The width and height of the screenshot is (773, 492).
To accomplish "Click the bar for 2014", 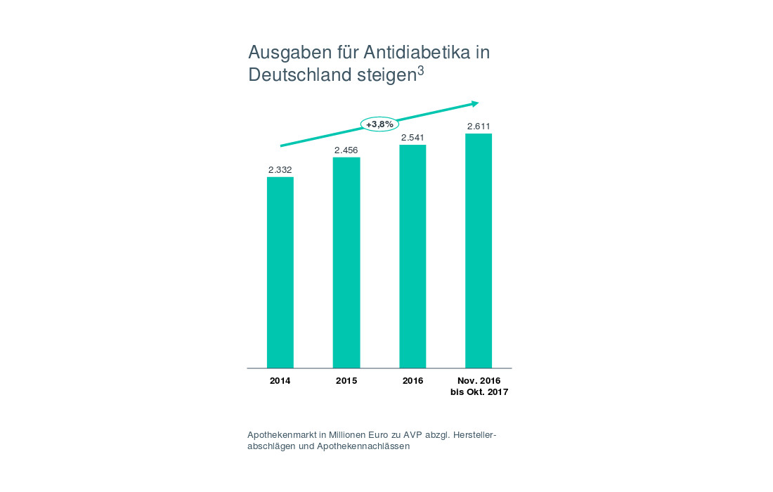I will pos(280,272).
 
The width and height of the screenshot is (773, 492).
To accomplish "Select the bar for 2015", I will pos(346,262).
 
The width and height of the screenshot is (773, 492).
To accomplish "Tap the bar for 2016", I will pos(413,256).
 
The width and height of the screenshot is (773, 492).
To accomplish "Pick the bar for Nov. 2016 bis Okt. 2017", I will pos(479,250).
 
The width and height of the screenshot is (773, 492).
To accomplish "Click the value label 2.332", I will pos(280,169).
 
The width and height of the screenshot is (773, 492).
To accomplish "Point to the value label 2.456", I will pos(346,150).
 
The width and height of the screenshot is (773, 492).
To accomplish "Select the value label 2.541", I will pos(413,137).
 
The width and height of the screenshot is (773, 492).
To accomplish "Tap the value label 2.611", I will pos(479,127).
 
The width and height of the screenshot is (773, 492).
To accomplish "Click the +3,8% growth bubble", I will pos(379,124).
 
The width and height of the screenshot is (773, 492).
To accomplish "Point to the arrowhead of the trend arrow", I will pos(475,103).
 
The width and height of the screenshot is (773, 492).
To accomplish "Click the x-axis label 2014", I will pos(280,381).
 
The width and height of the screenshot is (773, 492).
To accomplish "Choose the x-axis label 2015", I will pos(346,381).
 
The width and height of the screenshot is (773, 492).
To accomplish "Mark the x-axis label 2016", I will pos(413,381).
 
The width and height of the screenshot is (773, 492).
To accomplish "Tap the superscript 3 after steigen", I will pos(420,71).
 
